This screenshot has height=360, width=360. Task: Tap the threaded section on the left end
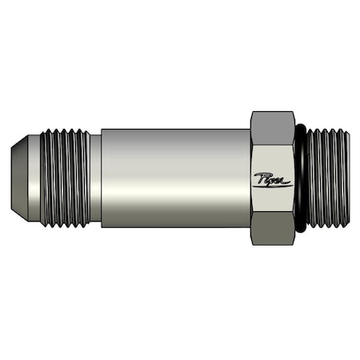click(64, 178)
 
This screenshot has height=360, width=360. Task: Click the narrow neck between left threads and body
click(96, 178)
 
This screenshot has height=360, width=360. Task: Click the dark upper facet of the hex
click(272, 124)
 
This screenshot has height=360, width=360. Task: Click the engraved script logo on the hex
click(273, 180)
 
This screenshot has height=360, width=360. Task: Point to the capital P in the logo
click(261, 178)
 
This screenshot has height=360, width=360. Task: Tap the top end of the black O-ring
click(300, 128)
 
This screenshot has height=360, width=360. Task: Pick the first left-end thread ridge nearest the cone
click(45, 178)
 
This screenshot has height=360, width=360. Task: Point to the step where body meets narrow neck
click(102, 178)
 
